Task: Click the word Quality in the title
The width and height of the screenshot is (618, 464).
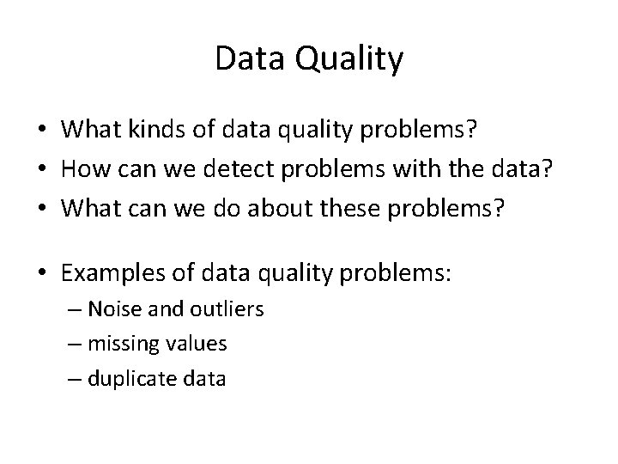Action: click(x=353, y=60)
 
